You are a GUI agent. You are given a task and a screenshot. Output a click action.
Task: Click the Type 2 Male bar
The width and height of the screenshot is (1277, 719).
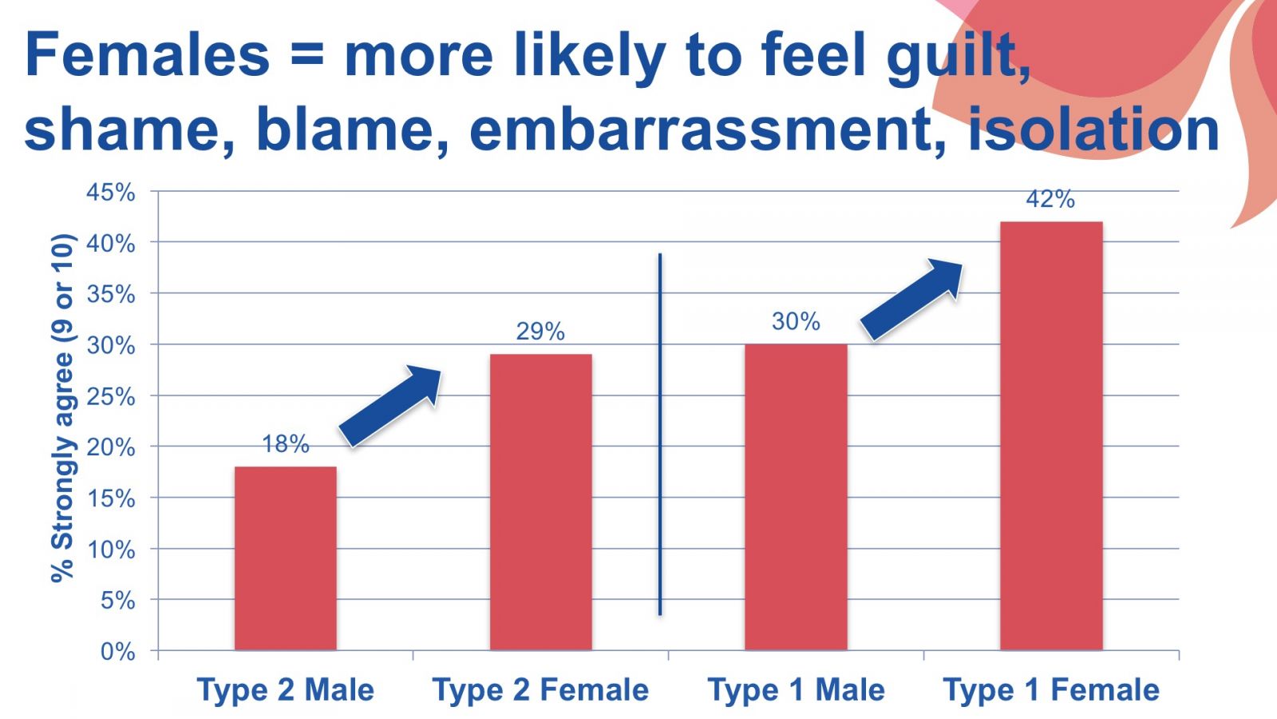click(286, 558)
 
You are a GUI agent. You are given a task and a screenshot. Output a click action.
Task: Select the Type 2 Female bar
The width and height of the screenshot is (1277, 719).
click(541, 503)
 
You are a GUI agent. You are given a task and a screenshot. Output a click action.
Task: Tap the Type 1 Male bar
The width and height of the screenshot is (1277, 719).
click(796, 497)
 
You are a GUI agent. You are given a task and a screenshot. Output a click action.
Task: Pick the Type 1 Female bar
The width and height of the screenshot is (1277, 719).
click(1051, 436)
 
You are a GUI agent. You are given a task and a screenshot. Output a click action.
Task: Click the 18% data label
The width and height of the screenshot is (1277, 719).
click(286, 444)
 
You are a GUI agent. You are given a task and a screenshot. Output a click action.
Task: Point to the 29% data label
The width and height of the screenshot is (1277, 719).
click(540, 332)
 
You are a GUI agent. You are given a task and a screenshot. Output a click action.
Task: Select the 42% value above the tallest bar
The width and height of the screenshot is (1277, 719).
click(1050, 199)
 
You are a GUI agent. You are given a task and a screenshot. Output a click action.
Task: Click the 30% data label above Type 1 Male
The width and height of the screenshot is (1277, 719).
click(796, 321)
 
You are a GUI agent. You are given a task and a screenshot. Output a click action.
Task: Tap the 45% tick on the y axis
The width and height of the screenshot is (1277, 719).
click(111, 193)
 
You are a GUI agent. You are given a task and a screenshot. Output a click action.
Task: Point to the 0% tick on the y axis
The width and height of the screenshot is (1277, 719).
click(118, 651)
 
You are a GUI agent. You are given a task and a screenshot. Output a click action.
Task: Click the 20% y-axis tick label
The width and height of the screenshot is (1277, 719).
click(111, 447)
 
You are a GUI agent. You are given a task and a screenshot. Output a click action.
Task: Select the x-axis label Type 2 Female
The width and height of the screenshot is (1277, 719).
click(540, 689)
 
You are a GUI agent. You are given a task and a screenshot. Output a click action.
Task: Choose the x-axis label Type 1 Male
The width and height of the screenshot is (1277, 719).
click(796, 689)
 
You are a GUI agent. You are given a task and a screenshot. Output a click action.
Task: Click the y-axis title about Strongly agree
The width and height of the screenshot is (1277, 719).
click(62, 407)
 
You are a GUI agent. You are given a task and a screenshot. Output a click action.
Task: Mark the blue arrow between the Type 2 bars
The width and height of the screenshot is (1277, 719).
click(390, 406)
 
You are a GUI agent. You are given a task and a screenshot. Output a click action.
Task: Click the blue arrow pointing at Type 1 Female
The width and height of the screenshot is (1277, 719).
click(911, 300)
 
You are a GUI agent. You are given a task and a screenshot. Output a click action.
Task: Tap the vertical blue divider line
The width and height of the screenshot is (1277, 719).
click(660, 435)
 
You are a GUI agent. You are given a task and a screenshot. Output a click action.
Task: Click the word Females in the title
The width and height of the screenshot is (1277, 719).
click(147, 55)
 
